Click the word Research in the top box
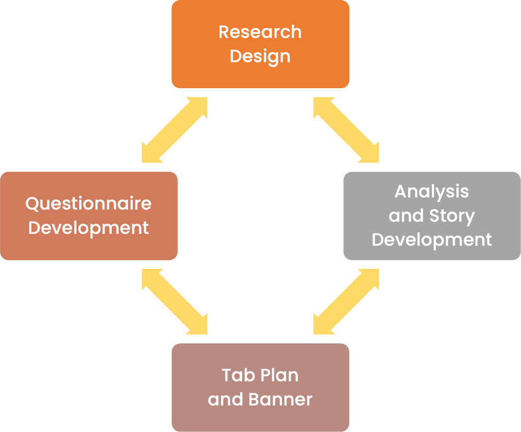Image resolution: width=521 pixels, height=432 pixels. tap(259, 32)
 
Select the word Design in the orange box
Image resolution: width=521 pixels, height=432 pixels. tap(259, 56)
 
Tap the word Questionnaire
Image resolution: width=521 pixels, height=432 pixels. tap(89, 204)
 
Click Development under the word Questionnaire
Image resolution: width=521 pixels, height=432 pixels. tap(89, 228)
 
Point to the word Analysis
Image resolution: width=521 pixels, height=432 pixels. tap(431, 192)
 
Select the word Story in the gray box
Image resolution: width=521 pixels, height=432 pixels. tap(452, 216)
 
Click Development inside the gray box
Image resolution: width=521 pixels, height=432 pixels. tap(431, 240)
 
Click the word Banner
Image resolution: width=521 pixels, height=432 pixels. tap(280, 399)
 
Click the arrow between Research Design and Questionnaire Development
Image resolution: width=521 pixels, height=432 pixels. tap(175, 130)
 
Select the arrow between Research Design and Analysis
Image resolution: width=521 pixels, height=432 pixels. tap(346, 130)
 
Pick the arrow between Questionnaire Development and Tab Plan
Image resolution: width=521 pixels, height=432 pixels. tap(175, 301)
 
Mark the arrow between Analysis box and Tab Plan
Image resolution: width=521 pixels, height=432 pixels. tap(346, 301)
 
